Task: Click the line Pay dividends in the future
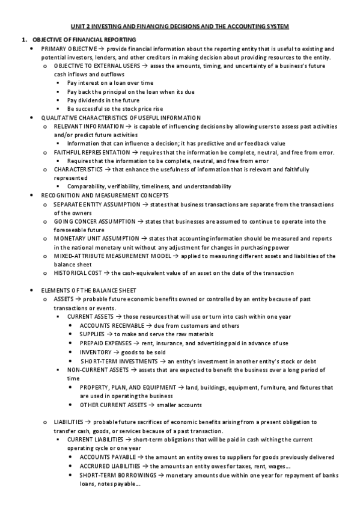pos(102,100)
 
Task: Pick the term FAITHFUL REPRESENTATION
pos(91,152)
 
